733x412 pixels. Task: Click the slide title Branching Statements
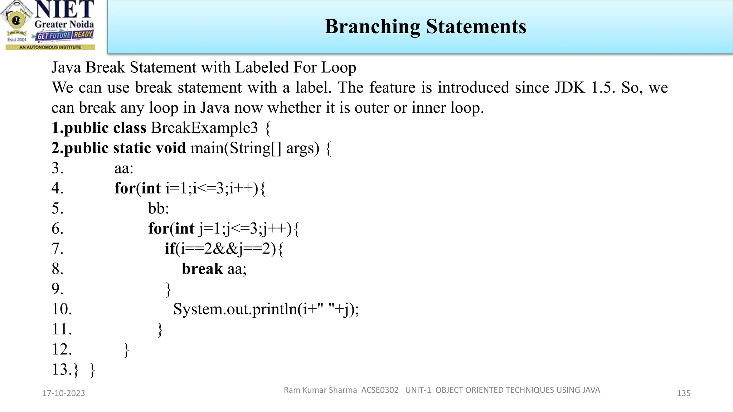click(x=425, y=26)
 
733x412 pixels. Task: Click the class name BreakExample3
click(x=204, y=128)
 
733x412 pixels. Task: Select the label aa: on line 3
click(x=124, y=168)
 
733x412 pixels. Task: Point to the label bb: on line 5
click(x=159, y=209)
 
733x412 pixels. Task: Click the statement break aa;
click(x=214, y=269)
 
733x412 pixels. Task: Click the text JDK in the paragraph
click(x=569, y=88)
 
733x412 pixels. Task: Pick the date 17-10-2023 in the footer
click(x=64, y=393)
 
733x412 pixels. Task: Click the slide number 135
click(x=683, y=393)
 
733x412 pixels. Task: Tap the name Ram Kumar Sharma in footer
click(x=320, y=390)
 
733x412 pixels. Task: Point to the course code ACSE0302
click(x=380, y=390)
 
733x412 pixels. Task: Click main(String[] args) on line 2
click(x=254, y=148)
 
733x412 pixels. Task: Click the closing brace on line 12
click(x=126, y=350)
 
